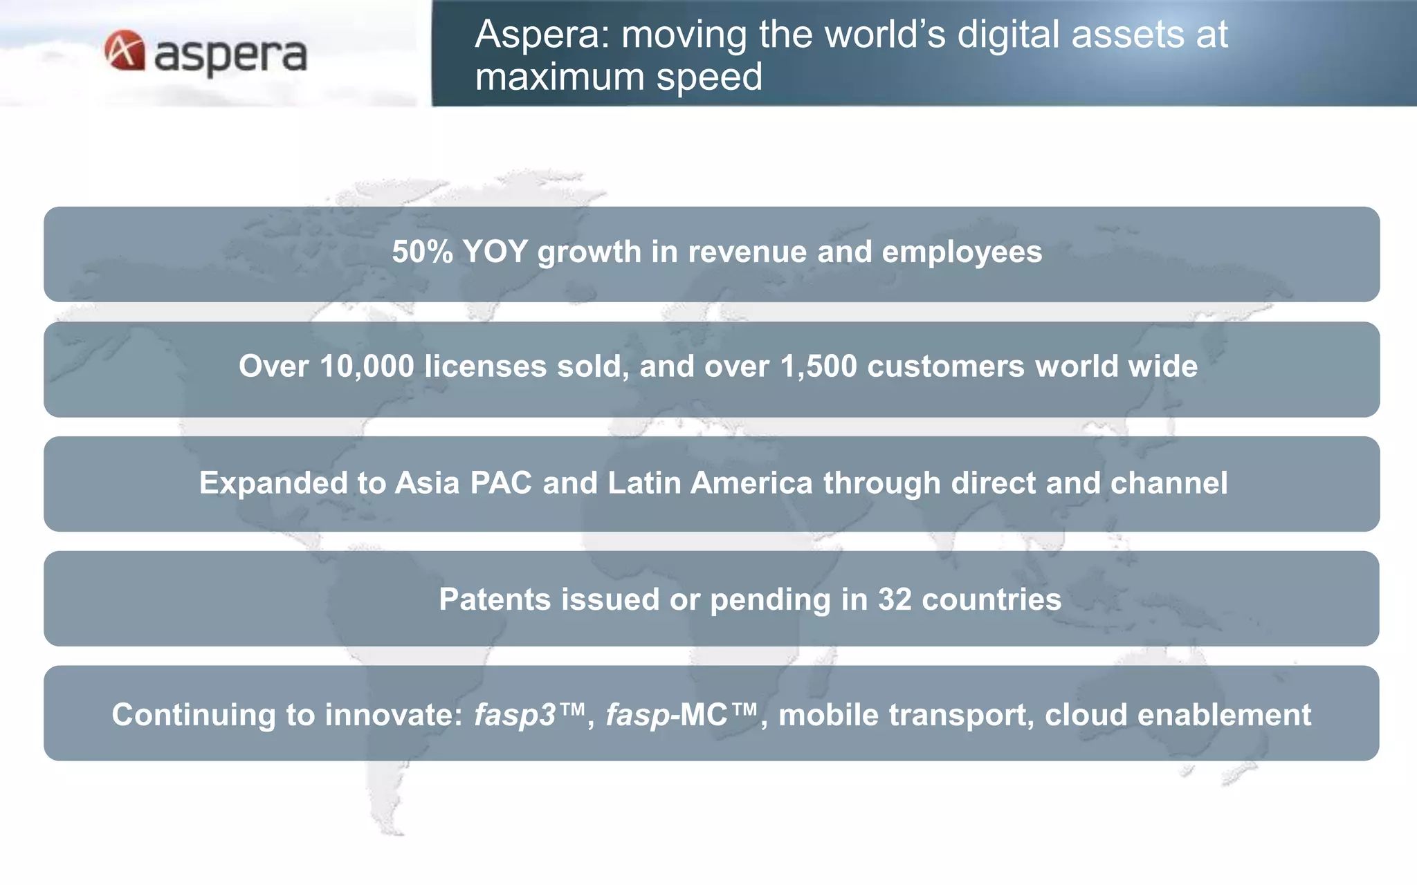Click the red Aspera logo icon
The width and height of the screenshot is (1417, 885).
(125, 50)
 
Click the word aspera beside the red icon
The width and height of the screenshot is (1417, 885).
(230, 55)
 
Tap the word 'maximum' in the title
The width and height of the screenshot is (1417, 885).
(560, 77)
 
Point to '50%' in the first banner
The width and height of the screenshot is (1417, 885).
(421, 252)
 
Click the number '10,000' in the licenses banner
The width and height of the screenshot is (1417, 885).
(367, 366)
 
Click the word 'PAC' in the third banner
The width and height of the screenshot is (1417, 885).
(501, 483)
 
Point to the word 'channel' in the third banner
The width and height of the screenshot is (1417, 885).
(1169, 483)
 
